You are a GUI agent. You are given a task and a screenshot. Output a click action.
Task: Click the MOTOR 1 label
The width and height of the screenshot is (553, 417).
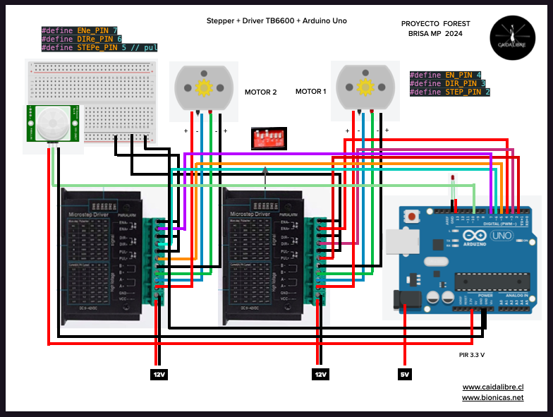pos(311,92)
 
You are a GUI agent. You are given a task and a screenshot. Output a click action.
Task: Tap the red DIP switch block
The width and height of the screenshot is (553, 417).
pos(268,138)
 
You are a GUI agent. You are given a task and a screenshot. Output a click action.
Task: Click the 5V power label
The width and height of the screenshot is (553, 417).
pos(404,374)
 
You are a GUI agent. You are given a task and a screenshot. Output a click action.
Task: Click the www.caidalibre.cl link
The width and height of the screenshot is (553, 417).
pos(492,387)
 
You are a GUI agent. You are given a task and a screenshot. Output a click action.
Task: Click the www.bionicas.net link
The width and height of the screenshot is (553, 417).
pos(492,398)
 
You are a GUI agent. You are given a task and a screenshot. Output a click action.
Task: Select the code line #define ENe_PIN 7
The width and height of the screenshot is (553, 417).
pos(79,30)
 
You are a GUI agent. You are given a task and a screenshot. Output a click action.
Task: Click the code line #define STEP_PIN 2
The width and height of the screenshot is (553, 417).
pos(449,92)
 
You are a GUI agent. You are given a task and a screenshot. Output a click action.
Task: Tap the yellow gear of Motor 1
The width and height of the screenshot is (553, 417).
pos(365,87)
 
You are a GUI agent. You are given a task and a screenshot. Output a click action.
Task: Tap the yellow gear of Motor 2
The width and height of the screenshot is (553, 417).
pos(204,87)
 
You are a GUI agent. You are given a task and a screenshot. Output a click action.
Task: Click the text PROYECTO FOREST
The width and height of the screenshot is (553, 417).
pos(435,23)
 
